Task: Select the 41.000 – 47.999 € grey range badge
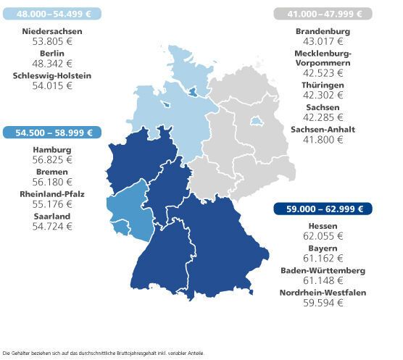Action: tap(323, 14)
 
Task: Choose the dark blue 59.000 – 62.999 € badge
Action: tap(323, 209)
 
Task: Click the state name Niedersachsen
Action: tap(52, 32)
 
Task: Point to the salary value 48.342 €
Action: tap(52, 64)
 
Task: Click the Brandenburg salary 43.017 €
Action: tap(323, 42)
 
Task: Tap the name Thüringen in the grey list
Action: tap(323, 85)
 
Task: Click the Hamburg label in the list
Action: tap(52, 150)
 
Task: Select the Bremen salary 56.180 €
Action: tap(52, 183)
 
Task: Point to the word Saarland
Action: tap(52, 216)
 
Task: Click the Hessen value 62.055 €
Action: tap(323, 237)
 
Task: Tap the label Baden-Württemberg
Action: tap(323, 270)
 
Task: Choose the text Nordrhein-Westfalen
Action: tap(323, 293)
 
